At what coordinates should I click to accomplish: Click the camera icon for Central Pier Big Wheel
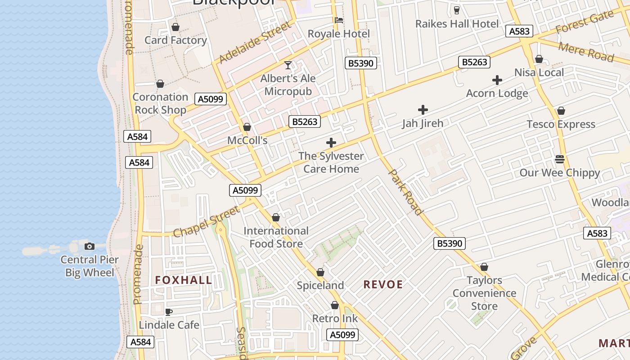pyautogui.click(x=90, y=246)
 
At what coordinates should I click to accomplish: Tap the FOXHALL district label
pyautogui.click(x=184, y=280)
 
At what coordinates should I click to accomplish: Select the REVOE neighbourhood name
pyautogui.click(x=383, y=284)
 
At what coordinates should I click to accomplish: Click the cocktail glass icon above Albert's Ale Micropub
pyautogui.click(x=288, y=65)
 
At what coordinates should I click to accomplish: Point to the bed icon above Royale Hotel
pyautogui.click(x=339, y=20)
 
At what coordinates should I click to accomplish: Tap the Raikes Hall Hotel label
pyautogui.click(x=457, y=24)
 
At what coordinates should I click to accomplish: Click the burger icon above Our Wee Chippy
pyautogui.click(x=560, y=159)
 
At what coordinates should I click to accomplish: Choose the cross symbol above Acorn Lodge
pyautogui.click(x=497, y=81)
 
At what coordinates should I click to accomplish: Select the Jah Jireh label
pyautogui.click(x=423, y=123)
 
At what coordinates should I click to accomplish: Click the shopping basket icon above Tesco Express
pyautogui.click(x=561, y=111)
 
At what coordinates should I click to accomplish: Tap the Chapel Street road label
pyautogui.click(x=207, y=222)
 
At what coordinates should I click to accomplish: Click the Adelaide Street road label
pyautogui.click(x=255, y=43)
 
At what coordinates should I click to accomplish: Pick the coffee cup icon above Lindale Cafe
pyautogui.click(x=169, y=312)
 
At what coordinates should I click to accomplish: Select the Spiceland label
pyautogui.click(x=320, y=285)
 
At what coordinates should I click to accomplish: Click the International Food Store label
pyautogui.click(x=276, y=237)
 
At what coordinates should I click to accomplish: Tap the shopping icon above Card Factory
pyautogui.click(x=175, y=27)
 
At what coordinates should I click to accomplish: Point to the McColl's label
pyautogui.click(x=247, y=140)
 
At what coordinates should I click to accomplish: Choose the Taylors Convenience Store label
pyautogui.click(x=484, y=293)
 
